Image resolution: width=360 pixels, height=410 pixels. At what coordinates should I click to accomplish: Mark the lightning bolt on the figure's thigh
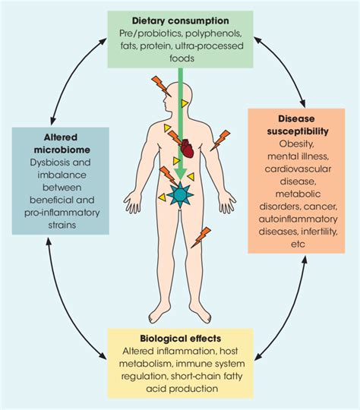pyautogui.click(x=201, y=238)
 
